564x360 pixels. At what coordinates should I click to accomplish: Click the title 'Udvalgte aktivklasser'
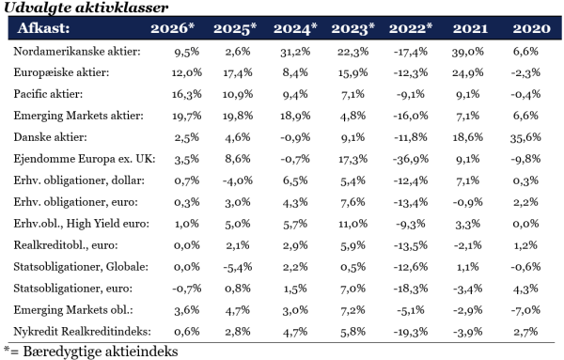coord(86,8)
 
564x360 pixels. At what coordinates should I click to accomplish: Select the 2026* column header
coord(172,28)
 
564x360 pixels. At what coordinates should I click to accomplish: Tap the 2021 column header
coord(470,28)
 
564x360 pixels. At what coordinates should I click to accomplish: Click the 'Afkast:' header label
coord(43,27)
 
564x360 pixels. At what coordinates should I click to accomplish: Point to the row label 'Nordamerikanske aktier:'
coord(77,52)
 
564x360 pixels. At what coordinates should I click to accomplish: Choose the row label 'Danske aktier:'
coord(51,137)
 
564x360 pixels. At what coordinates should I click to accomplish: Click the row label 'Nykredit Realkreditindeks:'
coord(83,331)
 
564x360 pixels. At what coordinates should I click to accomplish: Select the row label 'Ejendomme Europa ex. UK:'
coord(85,159)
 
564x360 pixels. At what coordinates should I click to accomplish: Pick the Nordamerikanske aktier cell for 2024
coord(295,52)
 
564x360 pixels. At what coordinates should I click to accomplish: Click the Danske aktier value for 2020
coord(525,137)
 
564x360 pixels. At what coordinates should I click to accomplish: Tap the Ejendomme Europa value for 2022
coord(411,159)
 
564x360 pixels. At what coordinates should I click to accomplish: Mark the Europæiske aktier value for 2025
coord(238,73)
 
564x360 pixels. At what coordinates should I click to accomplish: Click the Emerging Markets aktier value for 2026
coord(187,116)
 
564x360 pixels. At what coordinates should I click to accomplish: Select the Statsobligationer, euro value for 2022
coord(411,289)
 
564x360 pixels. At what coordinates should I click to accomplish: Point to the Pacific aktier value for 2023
coord(352,94)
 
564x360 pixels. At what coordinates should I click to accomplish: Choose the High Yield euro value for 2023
coord(352,224)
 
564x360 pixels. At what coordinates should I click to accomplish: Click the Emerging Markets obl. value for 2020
coord(525,310)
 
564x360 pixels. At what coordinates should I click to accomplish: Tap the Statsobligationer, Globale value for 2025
coord(238,267)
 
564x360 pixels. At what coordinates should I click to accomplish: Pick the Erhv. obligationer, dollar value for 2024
coord(295,180)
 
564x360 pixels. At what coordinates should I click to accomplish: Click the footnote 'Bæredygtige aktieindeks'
coord(101,352)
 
